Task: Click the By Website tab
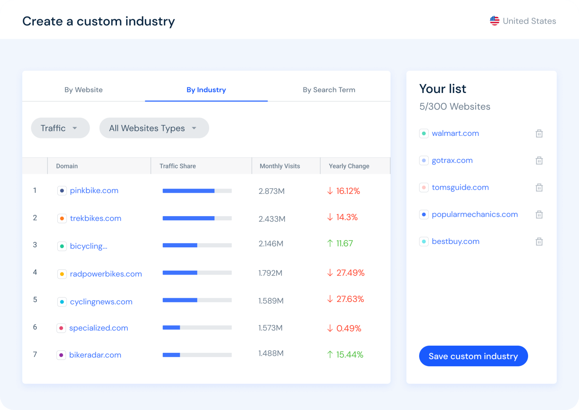point(83,90)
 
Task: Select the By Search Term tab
point(329,90)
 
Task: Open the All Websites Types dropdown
point(154,128)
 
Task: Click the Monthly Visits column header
point(280,166)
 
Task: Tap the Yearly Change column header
point(349,166)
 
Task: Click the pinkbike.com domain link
point(94,191)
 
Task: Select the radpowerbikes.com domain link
point(106,274)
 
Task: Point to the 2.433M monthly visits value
point(272,219)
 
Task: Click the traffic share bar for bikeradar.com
point(197,355)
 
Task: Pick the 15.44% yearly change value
point(349,355)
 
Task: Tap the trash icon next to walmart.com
point(539,134)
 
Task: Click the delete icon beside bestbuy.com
point(539,242)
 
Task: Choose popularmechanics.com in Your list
point(475,214)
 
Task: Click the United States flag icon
point(495,21)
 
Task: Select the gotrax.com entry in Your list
point(452,160)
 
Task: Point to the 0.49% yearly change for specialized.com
point(348,328)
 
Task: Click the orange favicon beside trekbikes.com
point(62,218)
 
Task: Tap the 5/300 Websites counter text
point(455,107)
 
